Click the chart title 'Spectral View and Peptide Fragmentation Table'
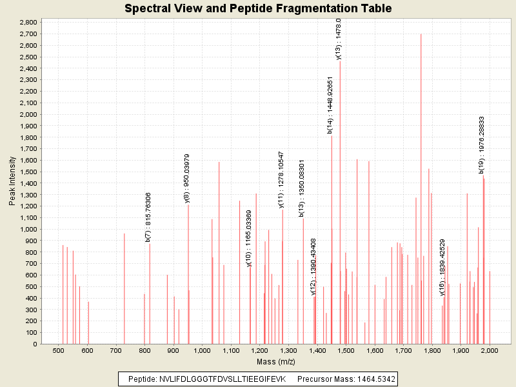click(x=257, y=8)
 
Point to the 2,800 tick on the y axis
click(x=28, y=22)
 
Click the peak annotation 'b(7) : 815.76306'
click(x=148, y=217)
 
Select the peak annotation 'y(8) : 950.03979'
click(x=187, y=178)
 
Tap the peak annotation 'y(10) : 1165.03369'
click(x=249, y=242)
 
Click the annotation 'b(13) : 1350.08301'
click(x=302, y=188)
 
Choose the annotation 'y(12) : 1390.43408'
click(x=313, y=266)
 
